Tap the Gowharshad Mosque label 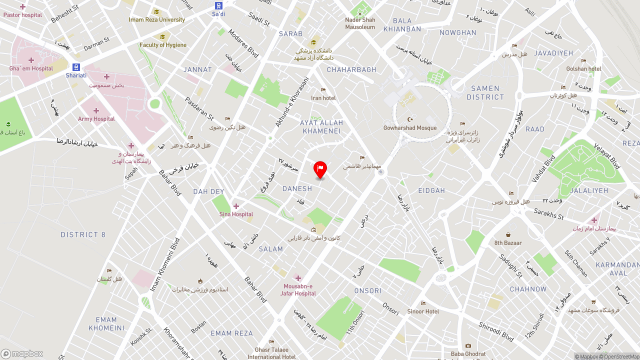[x=410, y=128]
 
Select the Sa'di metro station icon [x=218, y=5]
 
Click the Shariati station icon [x=76, y=67]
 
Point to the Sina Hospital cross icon [x=236, y=206]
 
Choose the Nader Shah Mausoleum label [x=360, y=23]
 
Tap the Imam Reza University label [x=156, y=20]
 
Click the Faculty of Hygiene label [x=162, y=45]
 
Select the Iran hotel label [x=323, y=98]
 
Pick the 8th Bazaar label [x=508, y=243]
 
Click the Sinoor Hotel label [x=423, y=311]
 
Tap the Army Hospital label [x=96, y=119]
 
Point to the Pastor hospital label [x=22, y=15]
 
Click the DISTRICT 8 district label [x=83, y=234]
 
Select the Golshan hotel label [x=583, y=69]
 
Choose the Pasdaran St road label [x=199, y=108]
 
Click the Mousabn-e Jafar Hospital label [x=298, y=289]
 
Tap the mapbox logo [x=22, y=353]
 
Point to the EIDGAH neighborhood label [x=431, y=190]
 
